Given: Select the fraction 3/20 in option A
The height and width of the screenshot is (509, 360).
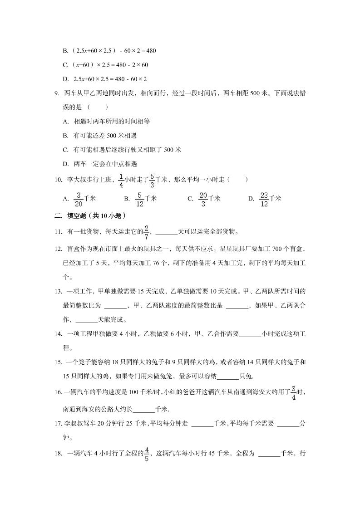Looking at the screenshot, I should pos(78,198).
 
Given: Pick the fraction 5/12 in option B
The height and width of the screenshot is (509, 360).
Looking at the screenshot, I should pos(140,198).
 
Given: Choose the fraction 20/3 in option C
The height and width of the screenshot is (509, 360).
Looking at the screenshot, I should pos(203,198).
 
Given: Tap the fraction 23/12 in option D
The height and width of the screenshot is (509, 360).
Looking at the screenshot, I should pos(264,198).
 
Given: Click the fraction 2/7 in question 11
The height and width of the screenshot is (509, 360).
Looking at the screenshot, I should pos(147,231).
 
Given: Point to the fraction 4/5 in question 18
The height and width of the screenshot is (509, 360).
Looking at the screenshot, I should pos(147,453).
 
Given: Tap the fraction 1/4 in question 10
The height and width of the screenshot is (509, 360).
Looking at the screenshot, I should pos(121,180).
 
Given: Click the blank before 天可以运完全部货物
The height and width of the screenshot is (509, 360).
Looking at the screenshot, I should pos(166,232).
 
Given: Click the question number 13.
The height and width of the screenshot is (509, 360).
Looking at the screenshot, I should pos(58,291).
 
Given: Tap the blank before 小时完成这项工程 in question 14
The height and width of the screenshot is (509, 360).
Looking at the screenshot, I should pos(250,334).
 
